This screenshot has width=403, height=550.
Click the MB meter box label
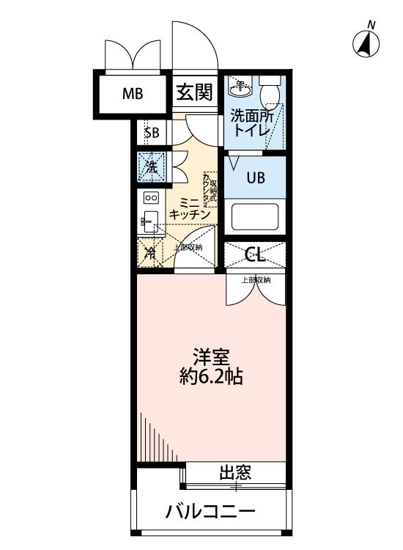click(x=133, y=93)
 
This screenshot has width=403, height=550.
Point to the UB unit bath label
click(x=255, y=177)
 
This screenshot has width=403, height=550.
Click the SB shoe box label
click(x=152, y=133)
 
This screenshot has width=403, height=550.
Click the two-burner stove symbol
click(x=151, y=197)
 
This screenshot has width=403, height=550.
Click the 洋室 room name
click(x=212, y=359)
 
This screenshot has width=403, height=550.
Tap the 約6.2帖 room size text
click(x=212, y=378)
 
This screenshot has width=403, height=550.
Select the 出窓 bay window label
click(x=235, y=473)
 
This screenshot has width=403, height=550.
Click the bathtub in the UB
click(x=254, y=217)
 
